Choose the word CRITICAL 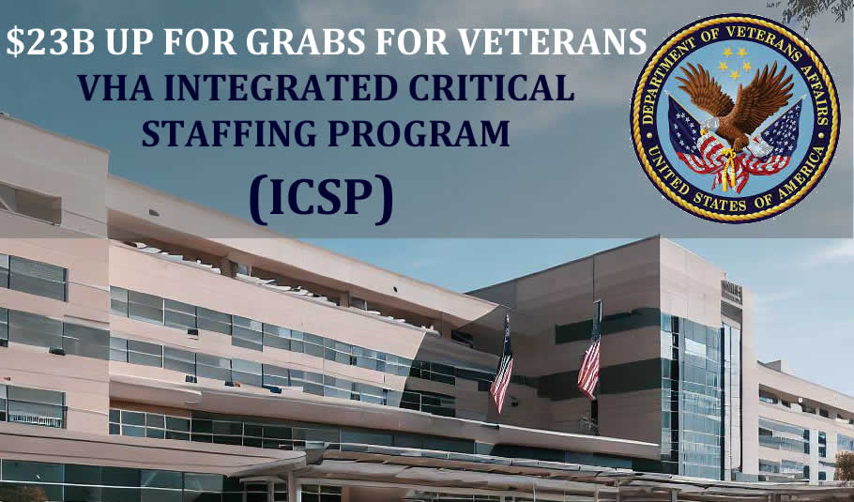(x=491, y=87)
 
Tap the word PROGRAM (x=419, y=133)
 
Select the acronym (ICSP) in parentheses (x=321, y=199)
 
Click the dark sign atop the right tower (x=731, y=292)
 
